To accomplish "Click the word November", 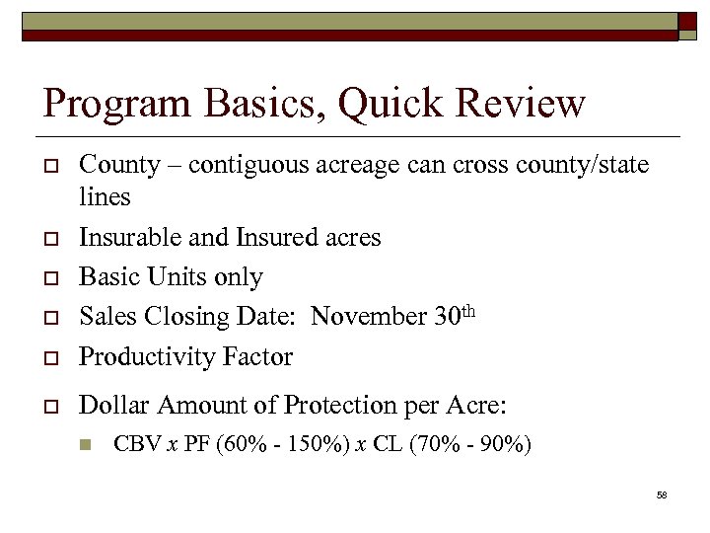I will pos(369,317).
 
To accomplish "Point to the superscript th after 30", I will pos(468,311).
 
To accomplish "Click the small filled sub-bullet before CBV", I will pos(86,445).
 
